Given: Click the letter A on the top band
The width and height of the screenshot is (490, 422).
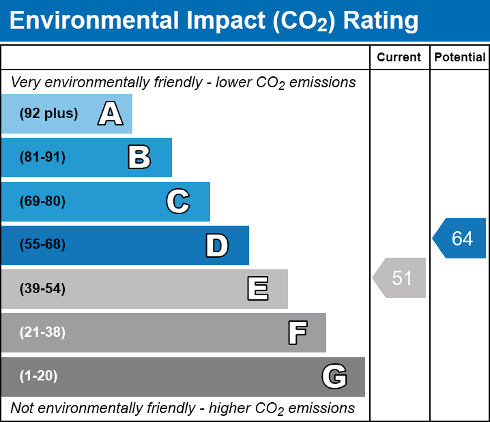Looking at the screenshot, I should [111, 114].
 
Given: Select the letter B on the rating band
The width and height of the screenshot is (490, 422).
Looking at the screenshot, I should [139, 157].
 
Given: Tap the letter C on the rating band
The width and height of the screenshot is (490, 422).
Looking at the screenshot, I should [178, 202].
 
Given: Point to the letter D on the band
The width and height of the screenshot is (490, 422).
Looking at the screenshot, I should [217, 245].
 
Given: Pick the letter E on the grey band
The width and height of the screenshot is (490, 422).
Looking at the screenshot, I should [257, 289].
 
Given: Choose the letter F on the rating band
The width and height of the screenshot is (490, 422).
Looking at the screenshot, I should [297, 333].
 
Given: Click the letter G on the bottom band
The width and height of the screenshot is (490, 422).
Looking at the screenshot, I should [334, 376].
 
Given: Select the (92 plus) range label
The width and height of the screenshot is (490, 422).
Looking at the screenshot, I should [48, 114].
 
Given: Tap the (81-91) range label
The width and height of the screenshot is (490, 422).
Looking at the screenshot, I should [42, 157].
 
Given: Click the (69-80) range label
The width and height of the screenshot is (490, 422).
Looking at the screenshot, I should [42, 202].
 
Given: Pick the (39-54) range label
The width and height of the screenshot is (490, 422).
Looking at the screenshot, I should [42, 289].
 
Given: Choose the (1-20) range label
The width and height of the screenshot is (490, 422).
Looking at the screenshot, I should [39, 376].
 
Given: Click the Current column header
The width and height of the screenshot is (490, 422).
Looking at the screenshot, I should [399, 58].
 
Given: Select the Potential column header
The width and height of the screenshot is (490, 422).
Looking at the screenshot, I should [460, 58].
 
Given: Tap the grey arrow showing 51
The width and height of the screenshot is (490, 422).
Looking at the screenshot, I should [400, 278].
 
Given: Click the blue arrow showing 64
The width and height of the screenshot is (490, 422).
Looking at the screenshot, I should [460, 239].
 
